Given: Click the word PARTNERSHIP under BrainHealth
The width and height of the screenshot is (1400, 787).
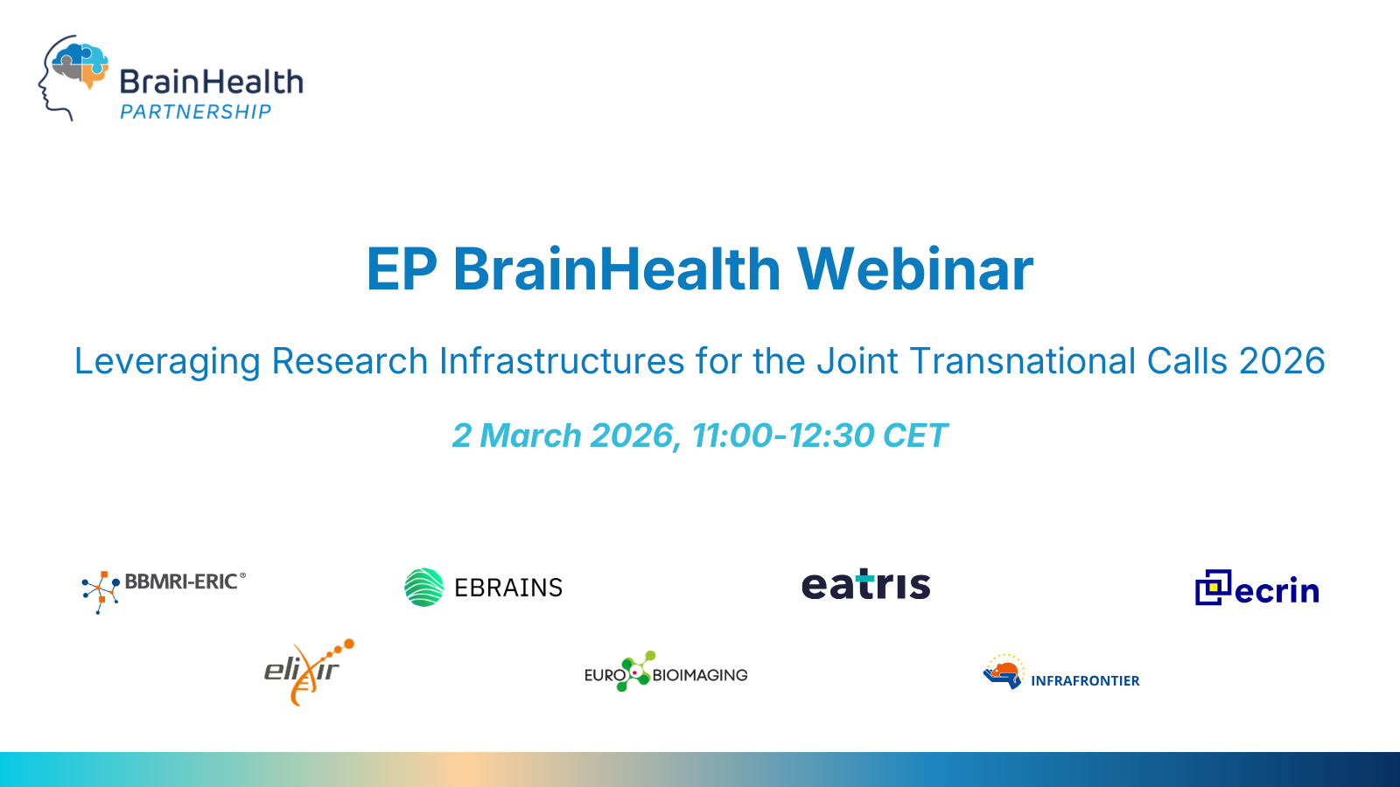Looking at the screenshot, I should [x=195, y=112].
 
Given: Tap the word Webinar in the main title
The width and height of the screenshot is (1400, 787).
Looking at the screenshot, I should [x=914, y=269].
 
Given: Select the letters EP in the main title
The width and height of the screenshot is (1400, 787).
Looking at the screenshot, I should [x=401, y=269].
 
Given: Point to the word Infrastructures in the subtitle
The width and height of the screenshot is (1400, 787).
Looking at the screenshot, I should [x=562, y=361].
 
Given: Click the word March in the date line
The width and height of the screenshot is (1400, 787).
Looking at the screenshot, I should [x=530, y=435].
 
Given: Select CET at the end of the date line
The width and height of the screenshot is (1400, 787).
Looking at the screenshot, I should [x=914, y=435].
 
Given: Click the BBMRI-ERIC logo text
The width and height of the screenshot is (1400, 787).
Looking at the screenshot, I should [x=181, y=582].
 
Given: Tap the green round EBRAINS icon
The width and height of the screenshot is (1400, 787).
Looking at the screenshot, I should [x=424, y=588].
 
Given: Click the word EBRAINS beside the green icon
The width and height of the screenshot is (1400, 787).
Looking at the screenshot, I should [x=508, y=588].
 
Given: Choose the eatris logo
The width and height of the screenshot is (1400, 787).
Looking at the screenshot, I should [x=865, y=585].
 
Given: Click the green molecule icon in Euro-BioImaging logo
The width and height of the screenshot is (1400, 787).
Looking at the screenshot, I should [x=636, y=672].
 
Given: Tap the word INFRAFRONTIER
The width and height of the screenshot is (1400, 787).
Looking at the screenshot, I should [x=1085, y=680].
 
